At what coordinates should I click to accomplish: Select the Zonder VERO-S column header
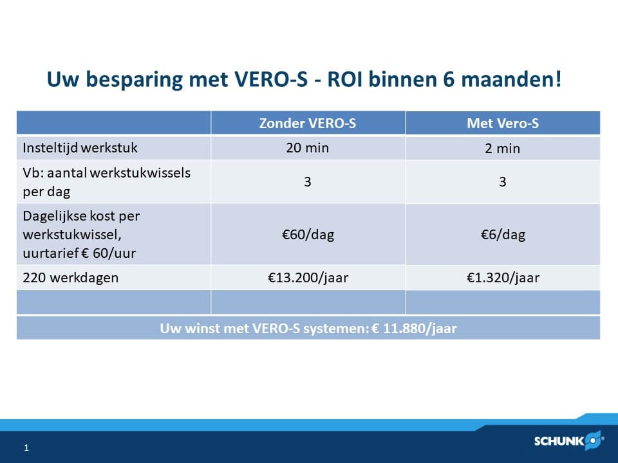(x=308, y=123)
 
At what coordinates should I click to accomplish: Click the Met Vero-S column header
(x=502, y=123)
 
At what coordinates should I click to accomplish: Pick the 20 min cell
(x=307, y=148)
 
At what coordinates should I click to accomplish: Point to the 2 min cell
(x=502, y=149)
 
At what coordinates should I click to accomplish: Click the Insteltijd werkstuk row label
(x=80, y=148)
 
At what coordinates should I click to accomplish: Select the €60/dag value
(x=307, y=235)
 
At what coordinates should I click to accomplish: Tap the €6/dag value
(x=502, y=235)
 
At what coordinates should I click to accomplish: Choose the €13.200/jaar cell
(x=307, y=278)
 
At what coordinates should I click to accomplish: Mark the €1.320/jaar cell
(x=502, y=278)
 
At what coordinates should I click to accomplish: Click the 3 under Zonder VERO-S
(x=307, y=182)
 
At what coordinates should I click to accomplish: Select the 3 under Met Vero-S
(x=502, y=182)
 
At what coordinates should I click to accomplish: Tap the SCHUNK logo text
(x=559, y=441)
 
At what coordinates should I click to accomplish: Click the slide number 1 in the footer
(x=26, y=448)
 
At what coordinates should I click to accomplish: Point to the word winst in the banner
(x=196, y=329)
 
